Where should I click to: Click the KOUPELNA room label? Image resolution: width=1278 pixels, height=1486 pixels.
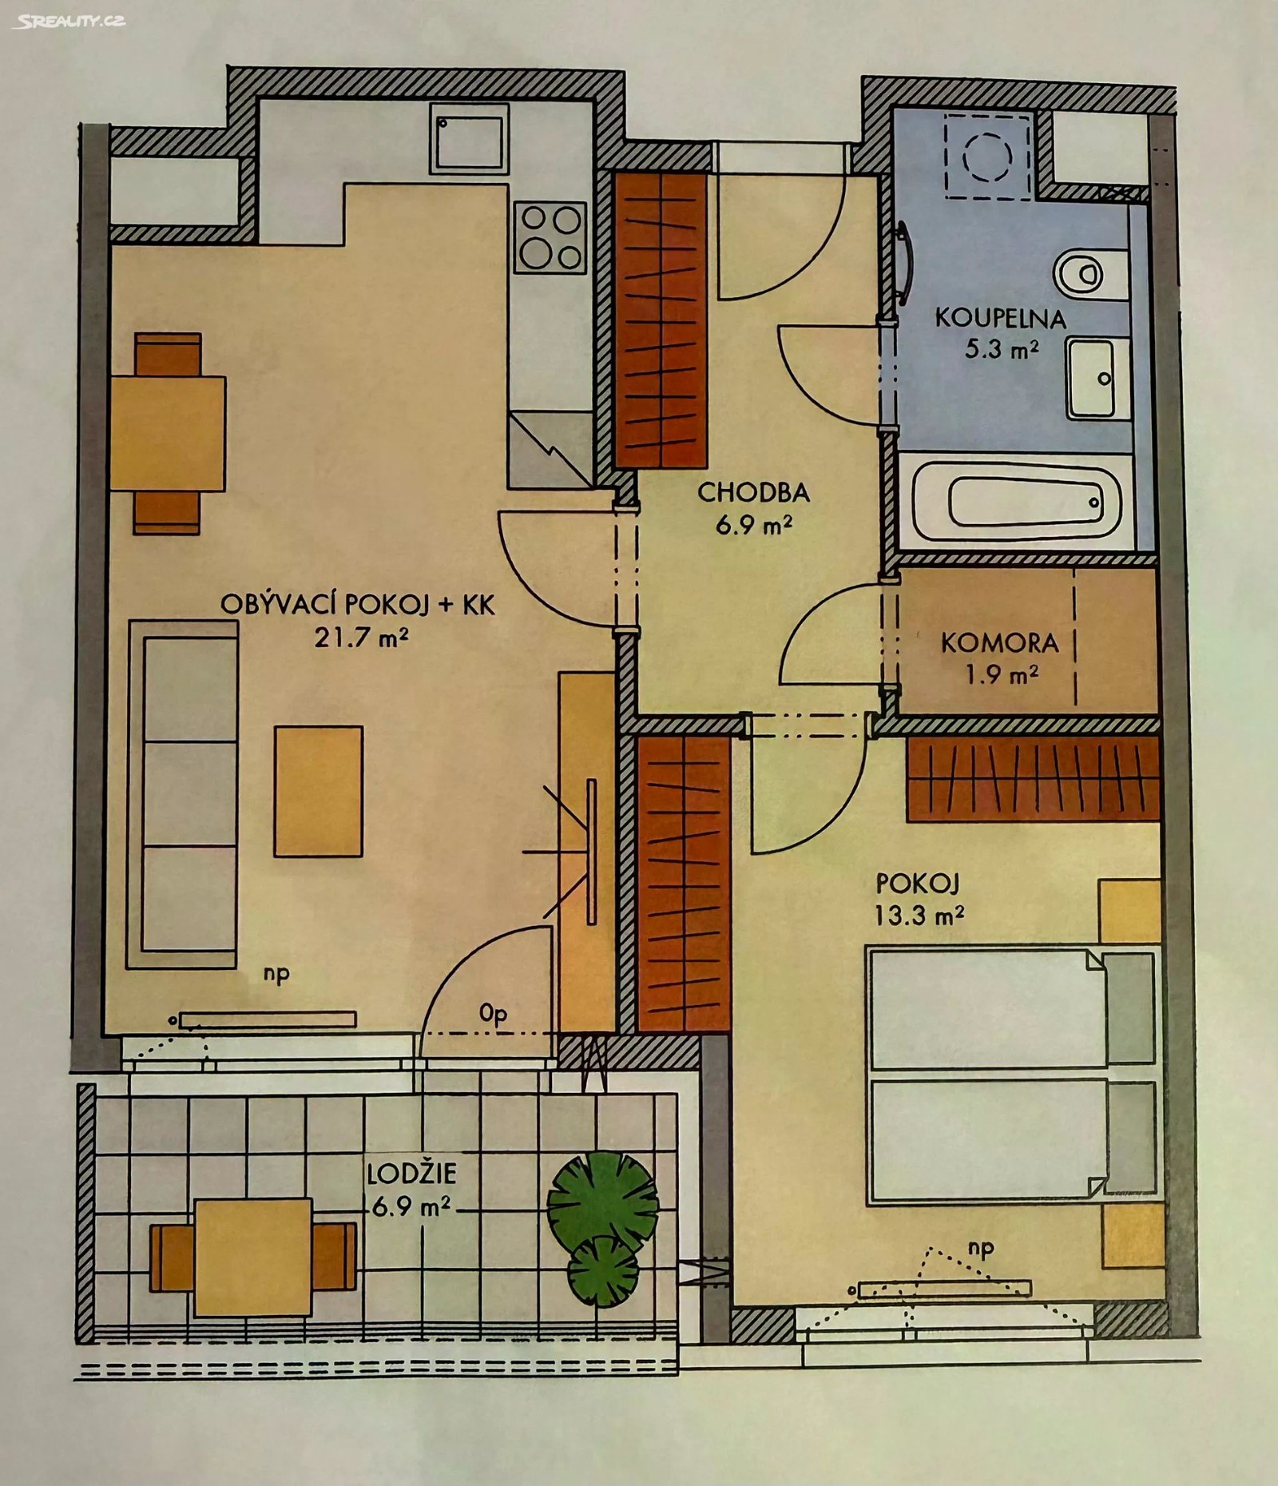coord(1000,319)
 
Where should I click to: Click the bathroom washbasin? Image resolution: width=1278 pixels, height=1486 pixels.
coord(1092,378)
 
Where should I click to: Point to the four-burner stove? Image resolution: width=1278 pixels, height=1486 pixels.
coord(550,236)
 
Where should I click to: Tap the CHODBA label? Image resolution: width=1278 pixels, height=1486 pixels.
coord(753,493)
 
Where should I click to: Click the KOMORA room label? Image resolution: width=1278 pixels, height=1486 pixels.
coord(999,643)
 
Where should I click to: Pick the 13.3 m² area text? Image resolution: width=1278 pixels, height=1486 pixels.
coord(919,914)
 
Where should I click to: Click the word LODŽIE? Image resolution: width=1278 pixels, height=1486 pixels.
coord(411,1174)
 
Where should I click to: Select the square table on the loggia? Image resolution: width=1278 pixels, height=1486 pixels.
coord(253,1257)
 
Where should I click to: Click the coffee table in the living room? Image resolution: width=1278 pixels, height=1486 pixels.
coord(318,791)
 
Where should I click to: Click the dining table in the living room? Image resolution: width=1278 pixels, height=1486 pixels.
coord(169,433)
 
